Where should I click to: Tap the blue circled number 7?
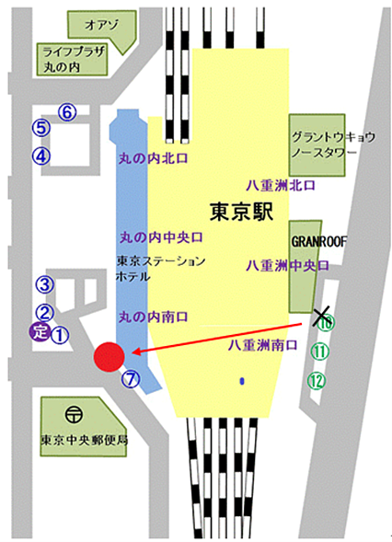[x=131, y=377]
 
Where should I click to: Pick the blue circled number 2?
[x=42, y=313]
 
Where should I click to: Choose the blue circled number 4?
[x=41, y=156]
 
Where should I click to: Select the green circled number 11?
[x=319, y=351]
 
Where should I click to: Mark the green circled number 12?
[x=318, y=378]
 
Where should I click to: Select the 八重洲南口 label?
[x=262, y=346]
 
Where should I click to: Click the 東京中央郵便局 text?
[x=84, y=439]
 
